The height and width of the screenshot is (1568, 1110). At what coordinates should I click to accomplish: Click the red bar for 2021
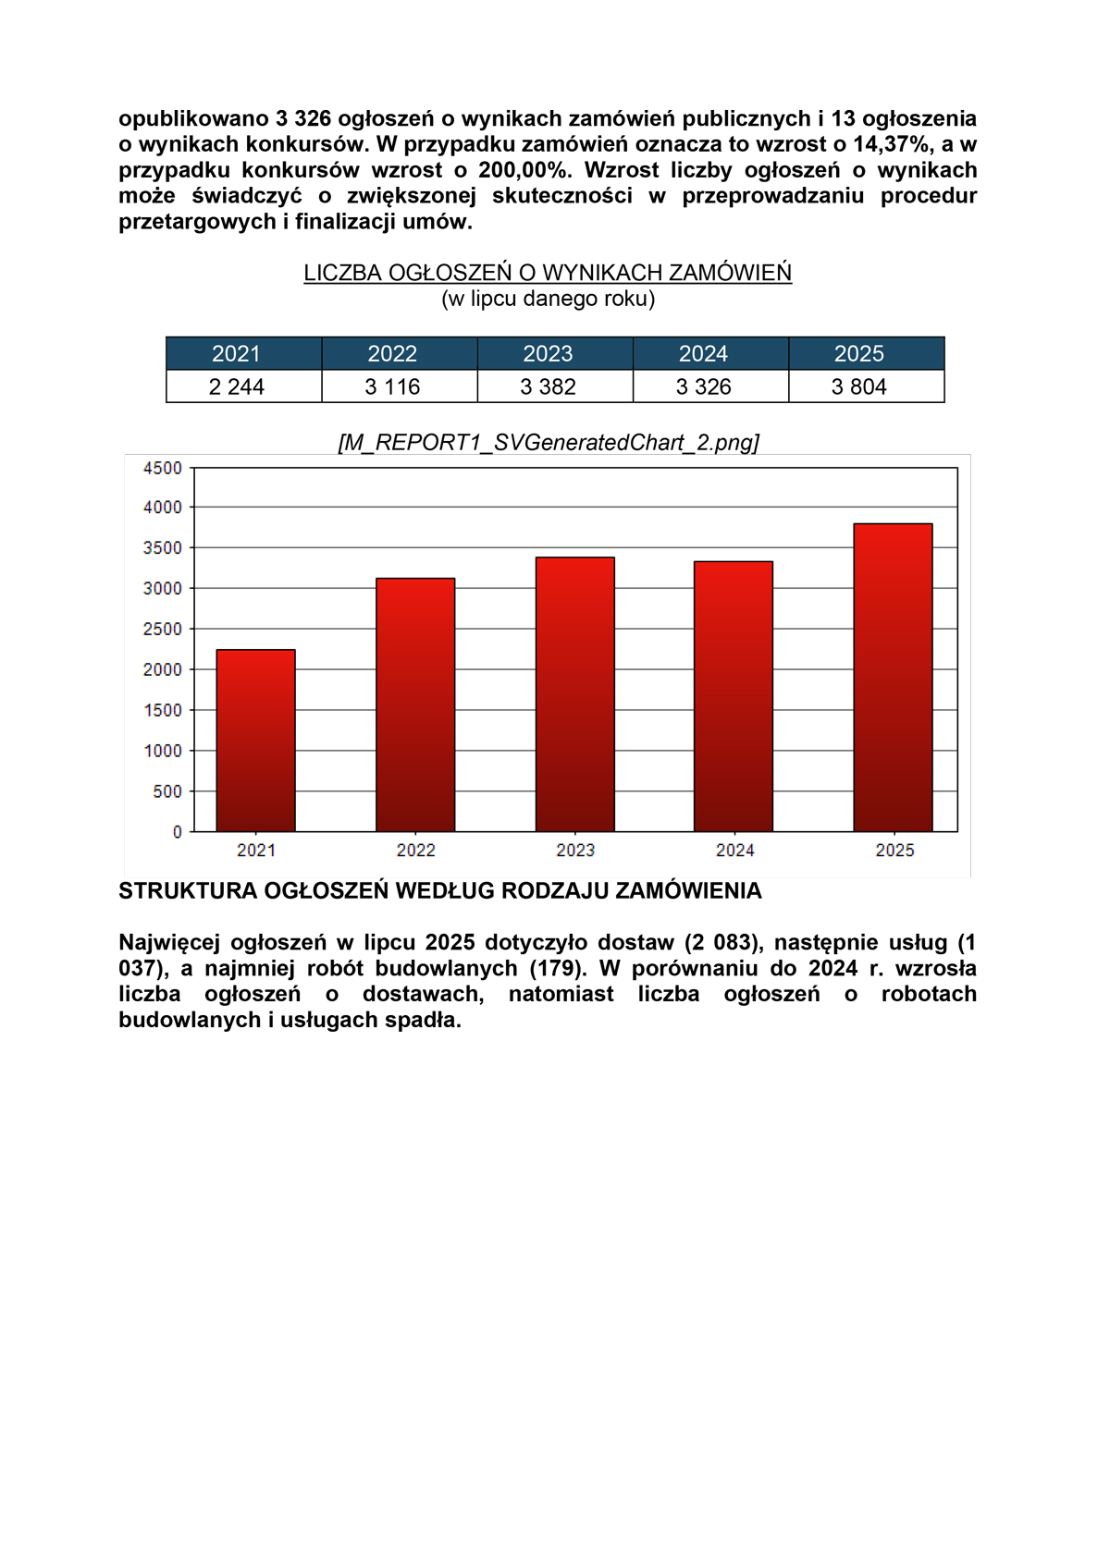coord(255,740)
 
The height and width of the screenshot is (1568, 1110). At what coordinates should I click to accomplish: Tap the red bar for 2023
coord(574,693)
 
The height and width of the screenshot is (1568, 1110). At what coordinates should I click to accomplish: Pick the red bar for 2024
coord(734,696)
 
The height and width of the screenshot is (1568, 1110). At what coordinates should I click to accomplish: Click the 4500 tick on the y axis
coord(163,468)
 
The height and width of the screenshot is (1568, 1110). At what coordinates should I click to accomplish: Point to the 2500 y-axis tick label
coord(163,629)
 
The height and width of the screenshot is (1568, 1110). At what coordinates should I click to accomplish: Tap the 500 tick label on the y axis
coord(167,791)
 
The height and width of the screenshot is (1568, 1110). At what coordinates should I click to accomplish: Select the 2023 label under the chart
coord(575,851)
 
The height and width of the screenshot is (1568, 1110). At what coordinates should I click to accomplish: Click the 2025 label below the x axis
coord(894,851)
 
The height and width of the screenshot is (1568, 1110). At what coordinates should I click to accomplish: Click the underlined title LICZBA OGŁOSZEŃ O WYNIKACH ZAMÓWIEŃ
coord(548,273)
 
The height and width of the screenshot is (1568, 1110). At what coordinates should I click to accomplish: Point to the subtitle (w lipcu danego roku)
coord(548,299)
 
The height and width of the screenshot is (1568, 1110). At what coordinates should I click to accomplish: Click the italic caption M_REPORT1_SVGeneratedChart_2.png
coord(549,442)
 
